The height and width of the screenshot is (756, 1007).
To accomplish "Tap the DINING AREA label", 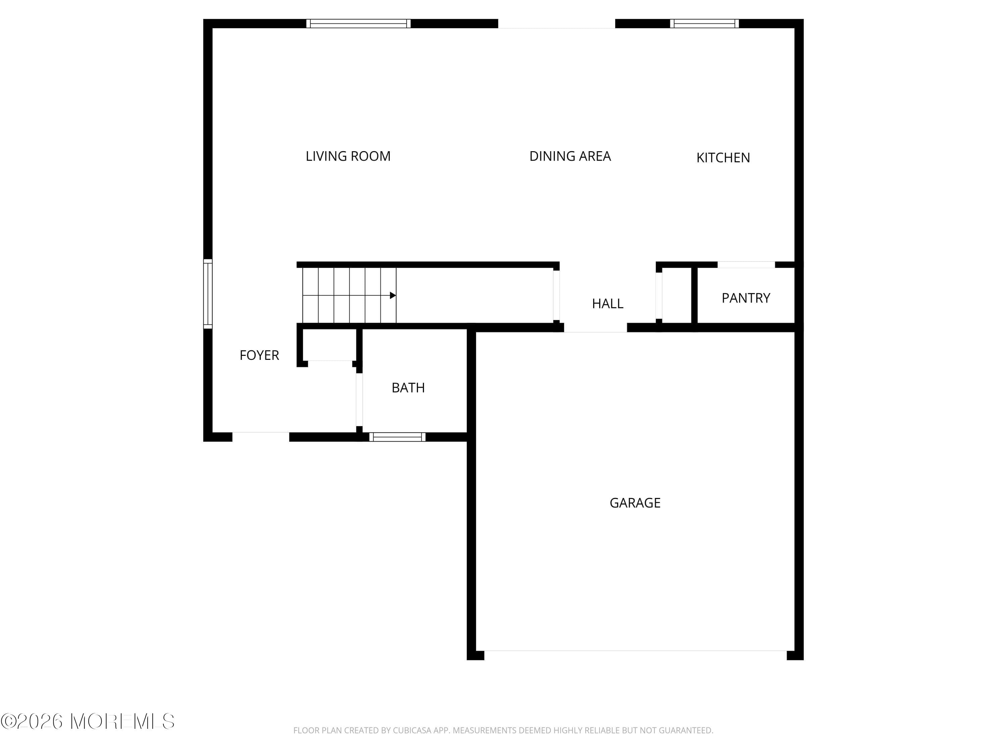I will [570, 156].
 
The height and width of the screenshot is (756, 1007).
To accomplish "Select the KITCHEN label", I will [723, 158].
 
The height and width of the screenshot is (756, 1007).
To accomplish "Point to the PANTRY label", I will [746, 298].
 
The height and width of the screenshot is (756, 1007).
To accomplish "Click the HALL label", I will [607, 303].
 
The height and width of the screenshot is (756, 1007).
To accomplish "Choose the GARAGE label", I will [635, 503].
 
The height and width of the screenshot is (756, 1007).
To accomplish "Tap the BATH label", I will [408, 388].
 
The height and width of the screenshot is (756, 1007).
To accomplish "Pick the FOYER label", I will [259, 355].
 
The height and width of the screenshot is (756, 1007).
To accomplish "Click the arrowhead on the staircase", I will [392, 295].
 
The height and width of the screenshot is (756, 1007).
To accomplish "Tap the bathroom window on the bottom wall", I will [397, 437].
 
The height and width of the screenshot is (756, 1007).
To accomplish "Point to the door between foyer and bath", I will [359, 400].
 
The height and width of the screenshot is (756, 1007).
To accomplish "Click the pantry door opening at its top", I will [746, 265].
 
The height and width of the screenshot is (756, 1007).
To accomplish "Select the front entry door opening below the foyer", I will [260, 436].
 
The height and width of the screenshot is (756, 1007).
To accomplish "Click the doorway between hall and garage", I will [595, 327].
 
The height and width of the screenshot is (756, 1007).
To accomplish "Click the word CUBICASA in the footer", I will [412, 730].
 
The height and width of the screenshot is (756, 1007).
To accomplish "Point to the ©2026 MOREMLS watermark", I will [87, 721].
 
